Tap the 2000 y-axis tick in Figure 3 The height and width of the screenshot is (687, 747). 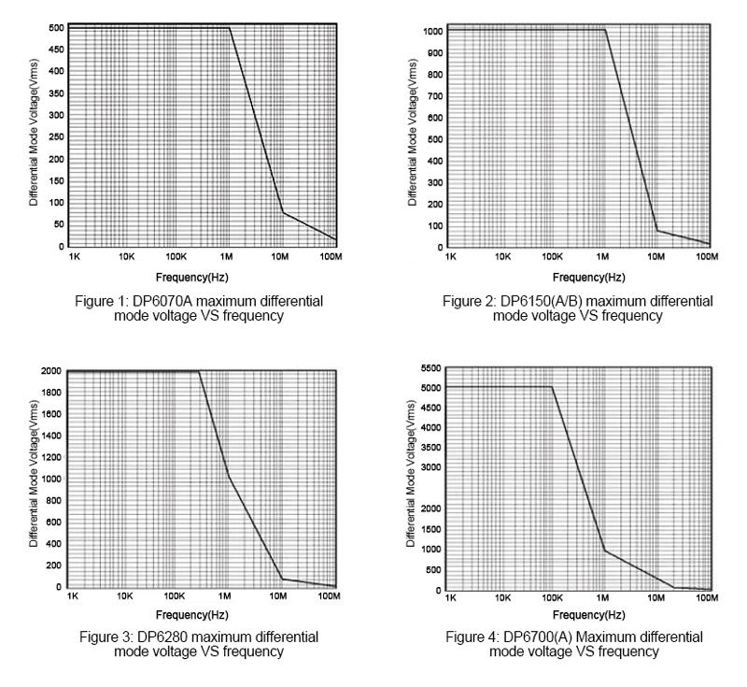coord(51,371)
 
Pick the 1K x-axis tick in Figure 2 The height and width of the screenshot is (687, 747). coord(451,255)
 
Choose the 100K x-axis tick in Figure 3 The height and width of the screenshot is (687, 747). coord(173,595)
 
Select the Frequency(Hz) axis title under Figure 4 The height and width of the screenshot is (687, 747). coord(578,616)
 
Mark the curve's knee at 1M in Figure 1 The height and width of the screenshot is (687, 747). coord(230,27)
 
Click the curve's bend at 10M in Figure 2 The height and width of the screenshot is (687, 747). coord(657,230)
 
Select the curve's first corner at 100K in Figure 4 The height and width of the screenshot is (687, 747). coord(552,387)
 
